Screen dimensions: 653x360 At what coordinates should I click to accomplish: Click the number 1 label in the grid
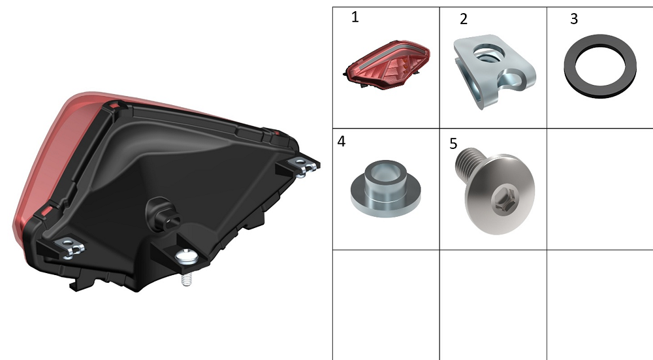coord(355,18)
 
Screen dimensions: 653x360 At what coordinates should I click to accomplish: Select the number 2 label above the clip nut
coord(464,19)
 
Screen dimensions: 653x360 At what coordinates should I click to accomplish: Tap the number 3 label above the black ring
coord(574,19)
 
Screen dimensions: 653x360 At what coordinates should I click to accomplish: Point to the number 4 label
coord(341,142)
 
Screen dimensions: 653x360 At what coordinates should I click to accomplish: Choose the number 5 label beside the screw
coord(453,144)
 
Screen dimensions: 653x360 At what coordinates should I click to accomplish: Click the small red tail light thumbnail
coord(387,65)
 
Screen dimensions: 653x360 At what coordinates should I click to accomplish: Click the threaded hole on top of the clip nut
coord(489,53)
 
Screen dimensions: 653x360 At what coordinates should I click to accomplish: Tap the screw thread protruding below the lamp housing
coord(187,278)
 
